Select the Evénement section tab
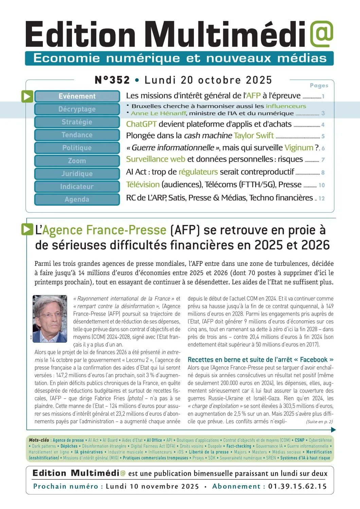point(77,96)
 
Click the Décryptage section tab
point(77,109)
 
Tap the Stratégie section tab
point(77,122)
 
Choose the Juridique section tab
point(77,174)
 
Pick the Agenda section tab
point(77,200)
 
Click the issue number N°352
point(112,80)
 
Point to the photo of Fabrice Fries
point(50,319)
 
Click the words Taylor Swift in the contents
point(254,136)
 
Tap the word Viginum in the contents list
point(299,148)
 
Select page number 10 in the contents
point(322,185)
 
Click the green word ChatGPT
point(141,124)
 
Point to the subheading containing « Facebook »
point(260,360)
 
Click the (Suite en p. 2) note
point(319,422)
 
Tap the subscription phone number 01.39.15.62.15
point(298,486)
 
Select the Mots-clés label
point(39,440)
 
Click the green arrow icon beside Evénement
point(27,96)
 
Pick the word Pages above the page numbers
point(319,86)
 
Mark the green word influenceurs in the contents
point(286,106)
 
